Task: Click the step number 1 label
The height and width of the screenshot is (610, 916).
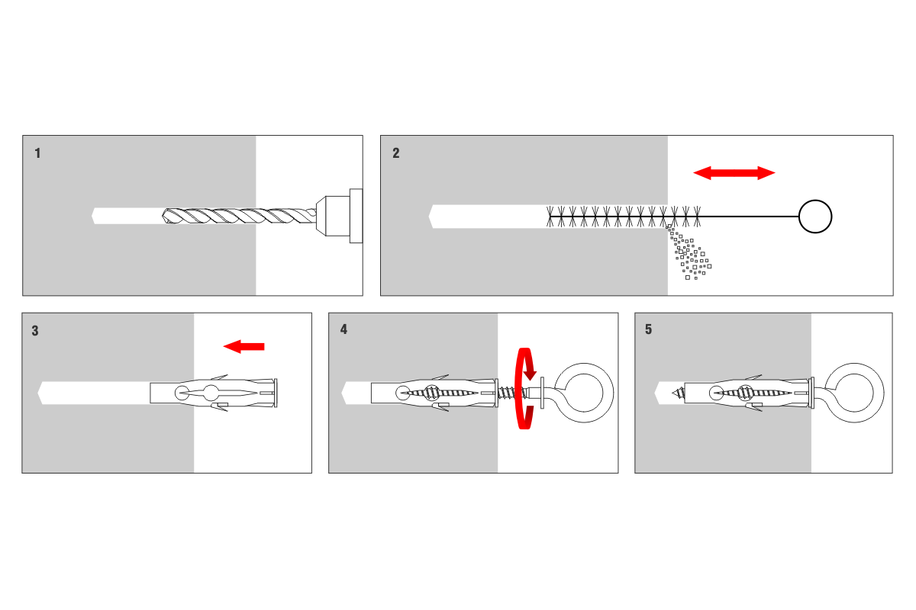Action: tap(38, 153)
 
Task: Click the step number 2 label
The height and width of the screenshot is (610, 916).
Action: tap(395, 153)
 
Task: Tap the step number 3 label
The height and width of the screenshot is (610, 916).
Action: tap(36, 331)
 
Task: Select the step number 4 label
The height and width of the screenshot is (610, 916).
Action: tap(343, 330)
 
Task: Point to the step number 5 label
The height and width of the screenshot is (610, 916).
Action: tap(649, 330)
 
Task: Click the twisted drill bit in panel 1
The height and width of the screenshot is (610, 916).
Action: tap(237, 216)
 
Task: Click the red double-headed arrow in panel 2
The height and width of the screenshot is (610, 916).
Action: tap(734, 173)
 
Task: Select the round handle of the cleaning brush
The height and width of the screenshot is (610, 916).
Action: tap(815, 217)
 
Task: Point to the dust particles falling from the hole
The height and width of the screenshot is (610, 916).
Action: tap(689, 254)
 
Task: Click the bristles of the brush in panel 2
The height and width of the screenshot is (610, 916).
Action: tap(622, 217)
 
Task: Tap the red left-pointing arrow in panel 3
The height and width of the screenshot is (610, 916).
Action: tap(244, 347)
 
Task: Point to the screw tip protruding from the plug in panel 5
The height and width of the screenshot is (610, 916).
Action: tap(677, 393)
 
